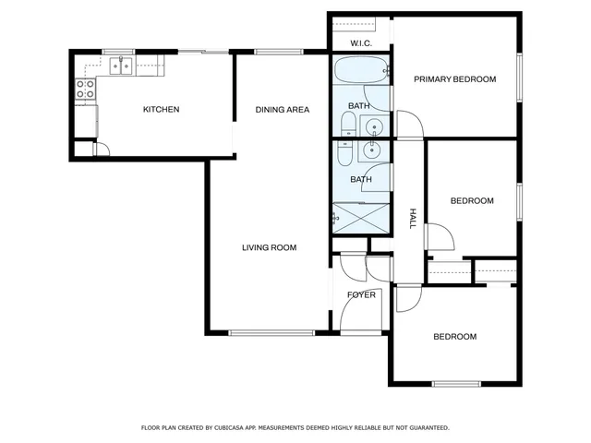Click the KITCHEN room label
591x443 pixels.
[x=161, y=110]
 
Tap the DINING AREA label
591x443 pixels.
[x=282, y=110]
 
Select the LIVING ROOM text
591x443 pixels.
[x=269, y=247]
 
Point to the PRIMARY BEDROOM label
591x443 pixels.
[x=454, y=79]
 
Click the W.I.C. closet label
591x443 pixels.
[x=360, y=43]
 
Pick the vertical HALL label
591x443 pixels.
[x=413, y=218]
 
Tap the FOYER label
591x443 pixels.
[x=361, y=295]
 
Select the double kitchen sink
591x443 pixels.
[x=120, y=65]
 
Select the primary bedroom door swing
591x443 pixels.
[x=409, y=125]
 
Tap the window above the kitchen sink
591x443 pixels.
[x=119, y=52]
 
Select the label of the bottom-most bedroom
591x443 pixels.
[x=454, y=337]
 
